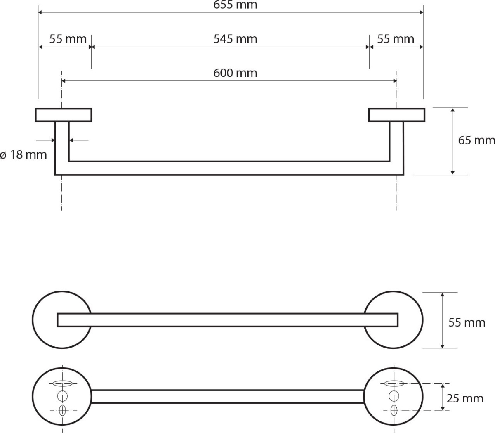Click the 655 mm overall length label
[235, 5]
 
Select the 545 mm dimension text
[235, 39]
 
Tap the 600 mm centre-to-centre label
[235, 73]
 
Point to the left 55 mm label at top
[68, 39]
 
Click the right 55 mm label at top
[396, 39]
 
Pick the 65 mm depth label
[476, 140]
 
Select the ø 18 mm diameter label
[23, 155]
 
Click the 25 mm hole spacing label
[465, 399]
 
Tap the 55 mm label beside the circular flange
[467, 323]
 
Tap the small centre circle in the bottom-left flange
[62, 396]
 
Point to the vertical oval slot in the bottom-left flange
[62, 410]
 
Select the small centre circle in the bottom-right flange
[394, 396]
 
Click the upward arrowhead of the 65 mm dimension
[453, 110]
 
